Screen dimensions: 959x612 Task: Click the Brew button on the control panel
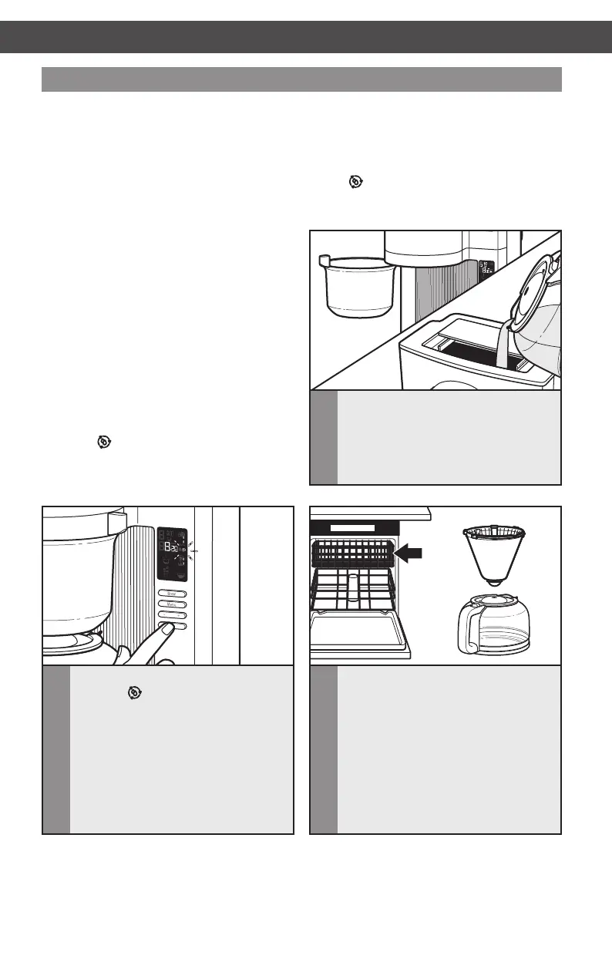point(172,594)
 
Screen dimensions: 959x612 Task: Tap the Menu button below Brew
point(172,604)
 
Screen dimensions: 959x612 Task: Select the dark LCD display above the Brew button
point(172,554)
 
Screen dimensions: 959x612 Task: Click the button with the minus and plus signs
point(172,615)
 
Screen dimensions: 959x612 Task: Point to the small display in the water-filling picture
point(486,268)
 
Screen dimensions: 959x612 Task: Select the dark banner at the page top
point(306,36)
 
